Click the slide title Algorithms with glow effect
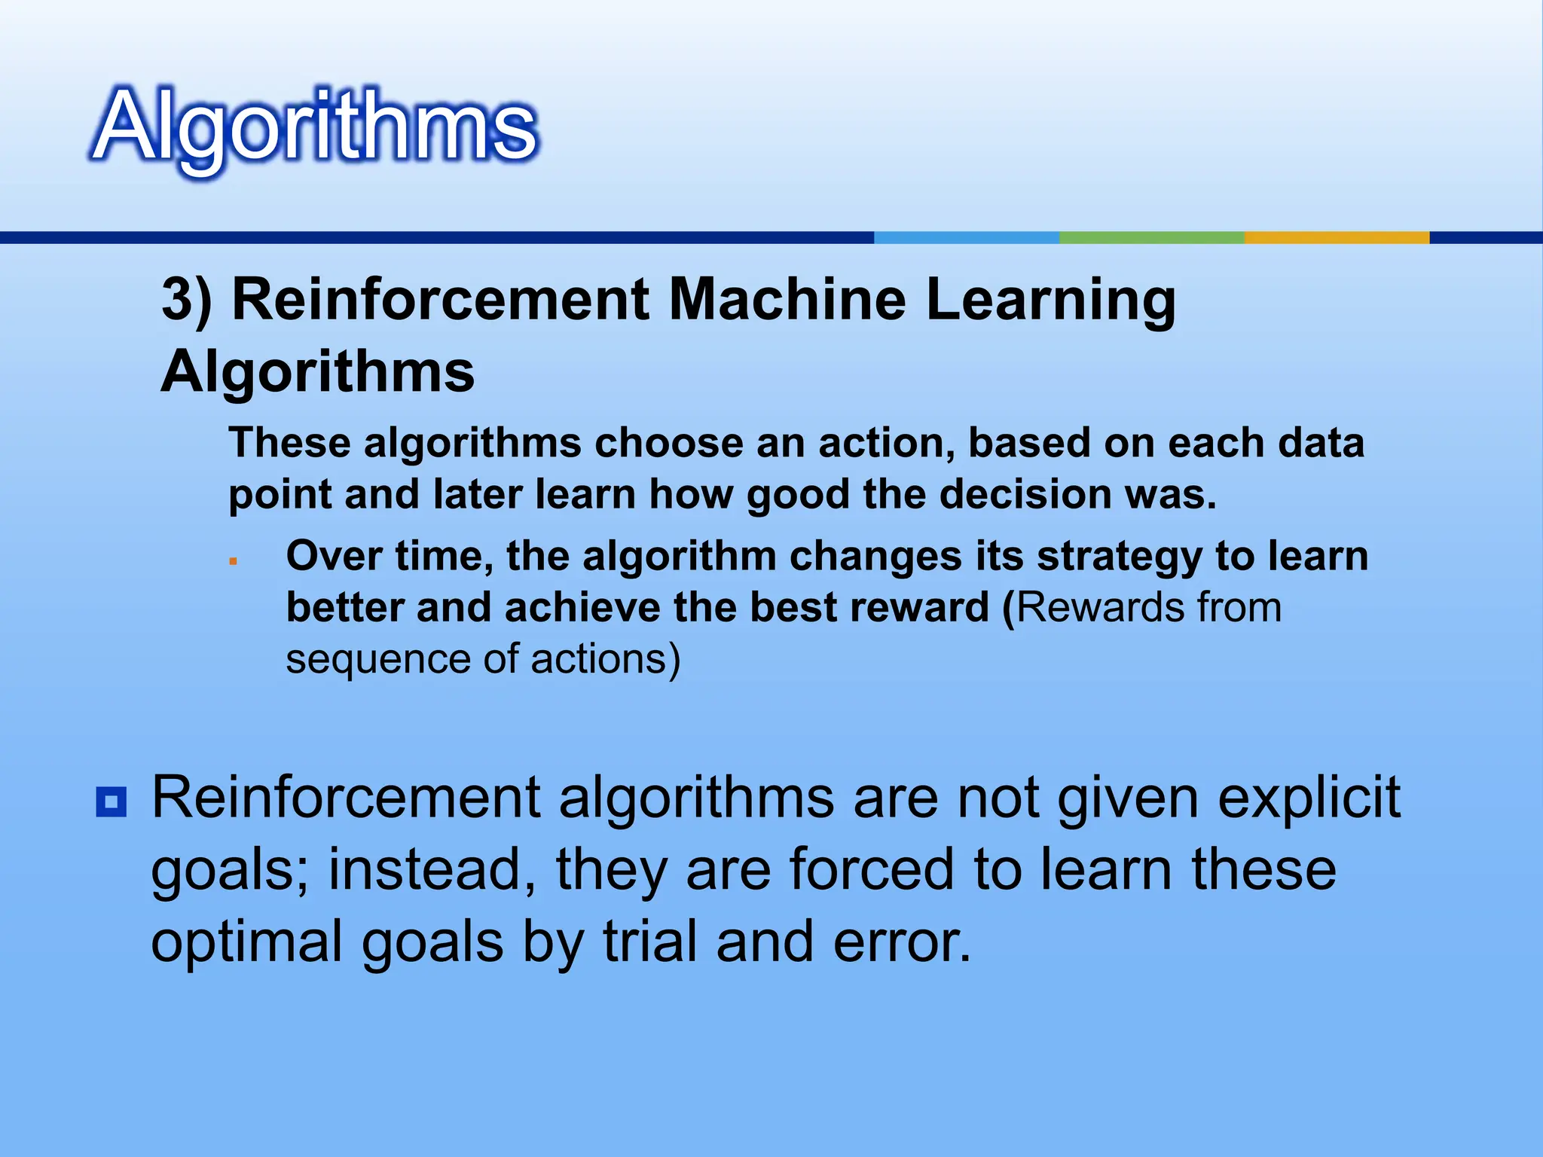315,127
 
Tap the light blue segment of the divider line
966,237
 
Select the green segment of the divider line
1151,237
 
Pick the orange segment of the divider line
1337,237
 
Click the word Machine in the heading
787,300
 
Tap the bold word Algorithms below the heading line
317,372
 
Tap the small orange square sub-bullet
234,561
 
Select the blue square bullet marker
112,802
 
